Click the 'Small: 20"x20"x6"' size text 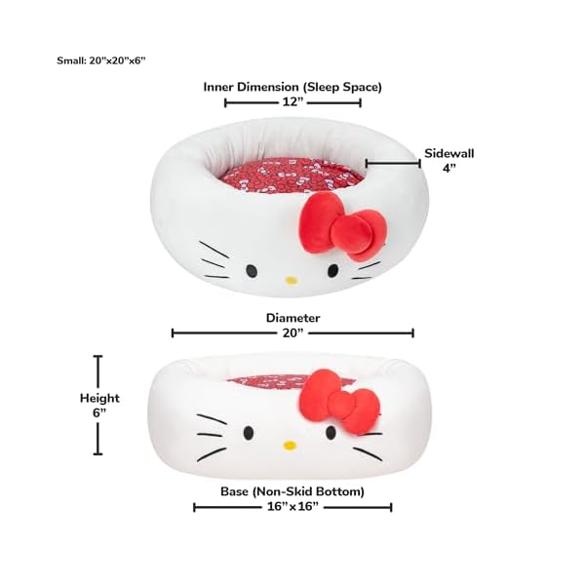point(100,60)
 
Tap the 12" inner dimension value point(292,101)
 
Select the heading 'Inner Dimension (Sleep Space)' point(292,88)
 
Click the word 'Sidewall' point(449,153)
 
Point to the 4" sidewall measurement point(449,168)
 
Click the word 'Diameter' point(292,318)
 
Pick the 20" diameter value point(292,332)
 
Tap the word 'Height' point(99,399)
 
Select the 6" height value point(99,413)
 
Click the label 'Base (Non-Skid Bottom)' point(292,491)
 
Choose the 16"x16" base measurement point(292,507)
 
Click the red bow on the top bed point(342,227)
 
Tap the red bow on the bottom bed point(339,402)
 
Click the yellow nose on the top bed point(291,281)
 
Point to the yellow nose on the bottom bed point(290,445)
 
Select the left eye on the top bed point(252,271)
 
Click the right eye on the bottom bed point(331,432)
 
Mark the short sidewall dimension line point(393,164)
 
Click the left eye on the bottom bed point(249,433)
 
